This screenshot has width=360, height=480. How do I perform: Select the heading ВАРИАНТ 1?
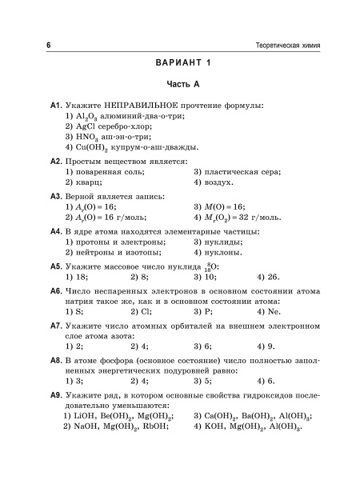(x=181, y=64)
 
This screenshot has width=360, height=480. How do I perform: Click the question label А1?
(x=55, y=106)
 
